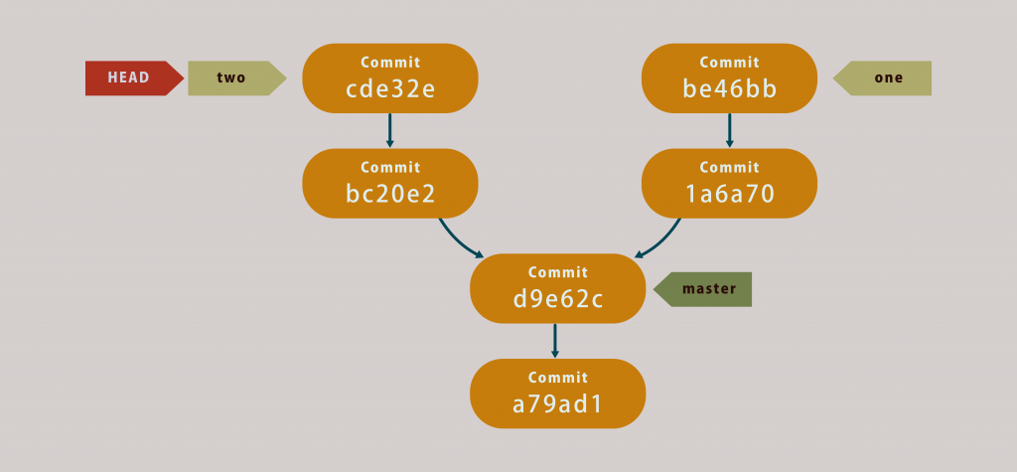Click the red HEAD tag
134,79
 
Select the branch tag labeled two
236,79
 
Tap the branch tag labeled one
882,79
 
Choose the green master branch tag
702,289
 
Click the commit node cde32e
390,79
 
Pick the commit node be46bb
729,79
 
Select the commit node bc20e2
390,184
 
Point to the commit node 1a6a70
729,184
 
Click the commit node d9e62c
558,288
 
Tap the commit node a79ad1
558,393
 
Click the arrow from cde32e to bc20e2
389,130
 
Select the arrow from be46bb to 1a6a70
729,130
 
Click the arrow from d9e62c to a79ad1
554,340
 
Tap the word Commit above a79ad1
558,378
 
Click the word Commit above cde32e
390,63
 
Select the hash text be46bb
729,88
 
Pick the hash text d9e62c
558,299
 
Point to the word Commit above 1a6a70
729,168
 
